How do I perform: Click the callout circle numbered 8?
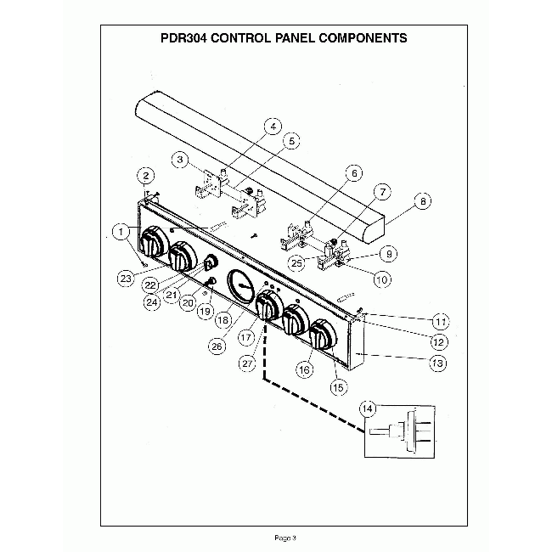click(422, 202)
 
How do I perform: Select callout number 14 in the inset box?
click(368, 409)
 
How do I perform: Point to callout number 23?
click(126, 278)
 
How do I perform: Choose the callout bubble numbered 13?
click(438, 363)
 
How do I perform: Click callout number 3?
click(180, 159)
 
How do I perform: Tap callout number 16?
click(303, 369)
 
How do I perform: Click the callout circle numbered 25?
click(296, 262)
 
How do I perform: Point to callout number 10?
click(382, 279)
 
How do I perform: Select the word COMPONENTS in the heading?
click(361, 38)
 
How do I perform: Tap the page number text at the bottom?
click(284, 537)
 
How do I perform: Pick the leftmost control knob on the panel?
click(154, 243)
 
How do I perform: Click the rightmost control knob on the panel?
click(324, 335)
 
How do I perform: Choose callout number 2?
click(146, 176)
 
